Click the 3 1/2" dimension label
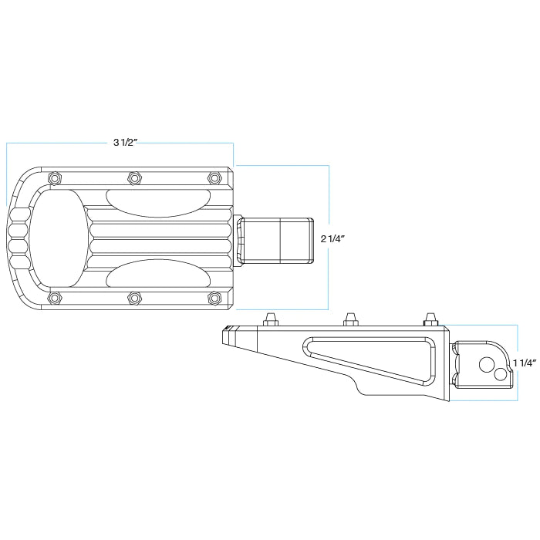(126, 142)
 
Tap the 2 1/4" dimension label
(332, 239)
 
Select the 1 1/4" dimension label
(525, 363)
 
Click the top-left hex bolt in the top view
(55, 177)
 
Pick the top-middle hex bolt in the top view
(134, 177)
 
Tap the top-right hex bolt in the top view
(214, 177)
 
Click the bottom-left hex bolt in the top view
(55, 298)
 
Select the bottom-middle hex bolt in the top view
(134, 298)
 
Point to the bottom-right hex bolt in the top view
(214, 298)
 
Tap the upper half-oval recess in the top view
(158, 203)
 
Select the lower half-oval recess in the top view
(158, 273)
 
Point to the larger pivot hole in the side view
(486, 364)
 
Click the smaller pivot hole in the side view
(501, 374)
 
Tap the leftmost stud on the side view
(270, 319)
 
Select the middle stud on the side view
(350, 319)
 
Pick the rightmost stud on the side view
(430, 319)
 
